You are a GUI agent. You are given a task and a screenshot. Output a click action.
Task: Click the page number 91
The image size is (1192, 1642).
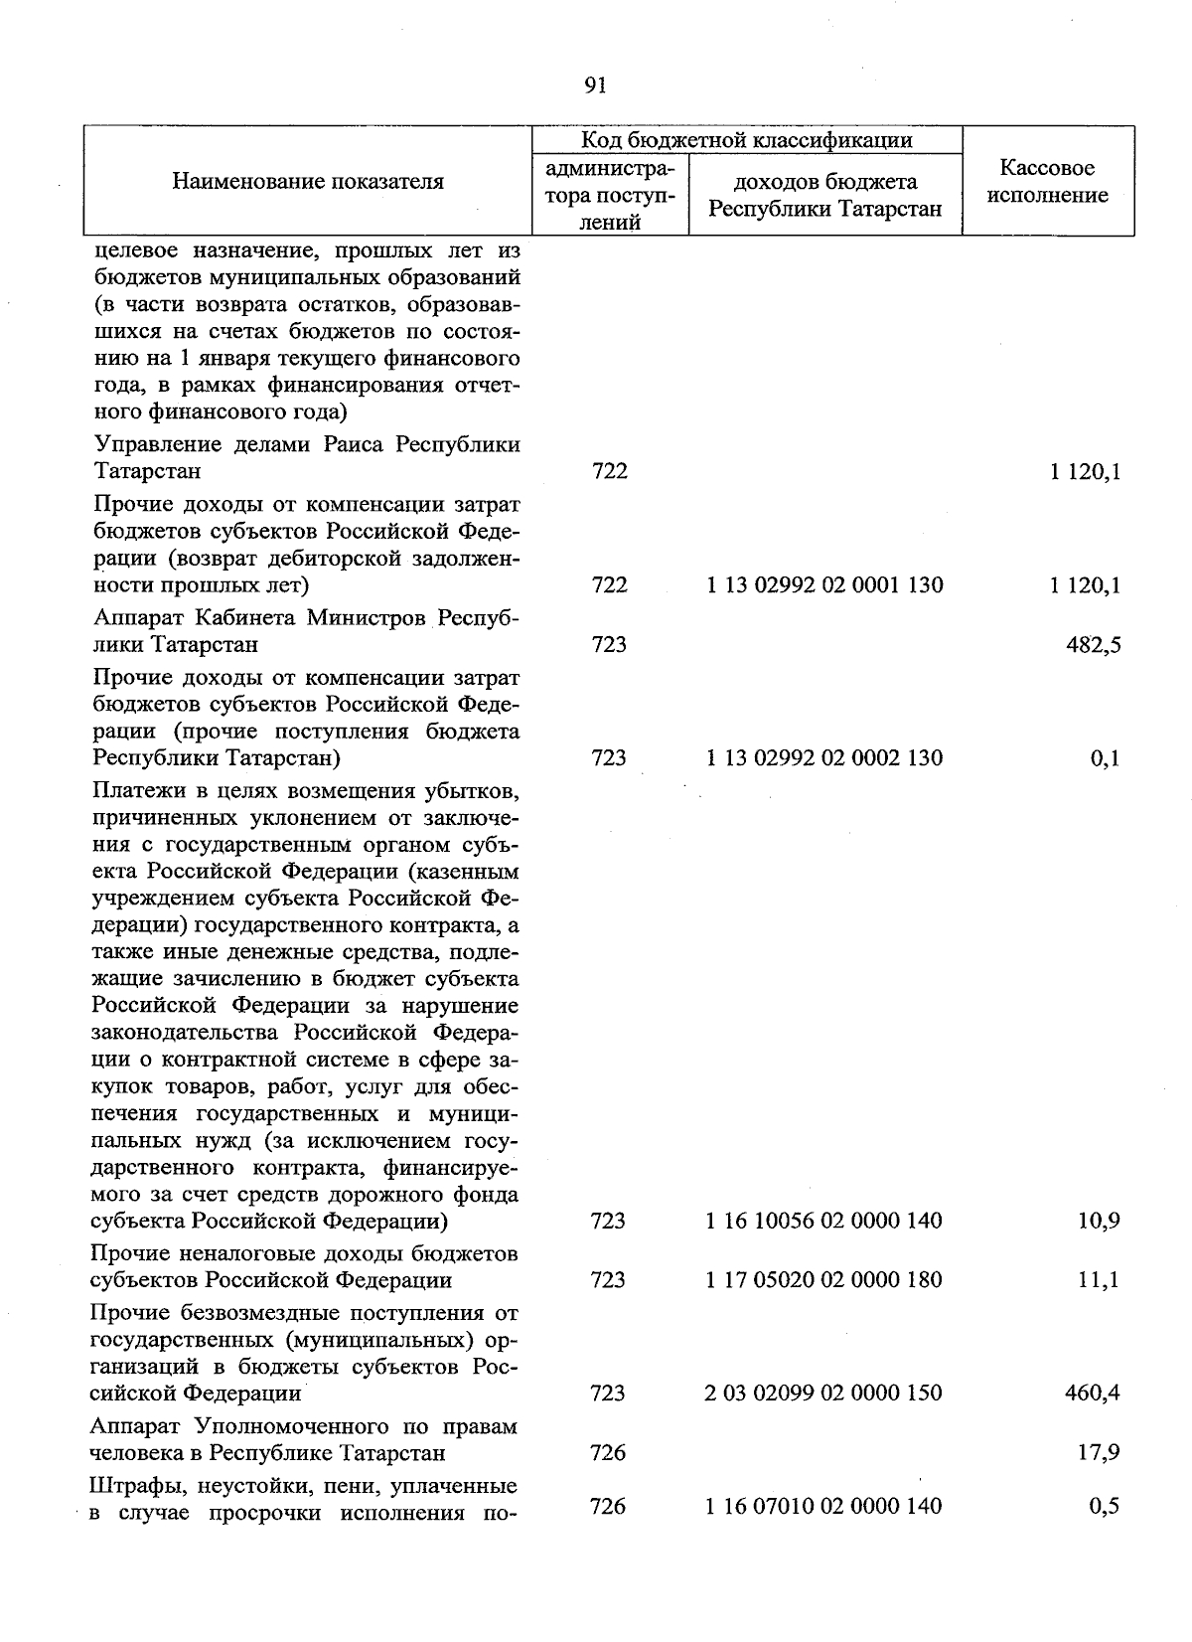click(596, 85)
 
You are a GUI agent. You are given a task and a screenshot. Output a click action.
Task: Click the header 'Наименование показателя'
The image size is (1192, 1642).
click(308, 181)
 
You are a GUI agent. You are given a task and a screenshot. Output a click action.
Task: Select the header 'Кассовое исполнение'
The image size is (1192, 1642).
click(1048, 182)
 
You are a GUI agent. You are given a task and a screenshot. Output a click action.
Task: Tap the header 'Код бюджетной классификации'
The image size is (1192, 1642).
click(746, 140)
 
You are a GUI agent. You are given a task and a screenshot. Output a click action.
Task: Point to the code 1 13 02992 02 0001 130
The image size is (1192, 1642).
click(824, 585)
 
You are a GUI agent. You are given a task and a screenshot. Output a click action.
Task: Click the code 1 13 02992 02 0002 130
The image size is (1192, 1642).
click(824, 758)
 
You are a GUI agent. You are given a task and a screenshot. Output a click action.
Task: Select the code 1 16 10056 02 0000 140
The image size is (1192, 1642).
click(824, 1220)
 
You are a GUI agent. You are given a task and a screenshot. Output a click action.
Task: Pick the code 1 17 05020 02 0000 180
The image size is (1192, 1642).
click(824, 1279)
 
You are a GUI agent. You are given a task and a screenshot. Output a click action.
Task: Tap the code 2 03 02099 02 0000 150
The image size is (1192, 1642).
click(824, 1393)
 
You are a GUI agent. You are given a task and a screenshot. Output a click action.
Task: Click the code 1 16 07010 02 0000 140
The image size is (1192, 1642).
click(824, 1506)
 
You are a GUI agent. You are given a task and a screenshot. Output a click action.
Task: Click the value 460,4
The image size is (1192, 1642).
click(1093, 1393)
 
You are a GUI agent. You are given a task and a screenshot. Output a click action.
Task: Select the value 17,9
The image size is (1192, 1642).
click(1099, 1453)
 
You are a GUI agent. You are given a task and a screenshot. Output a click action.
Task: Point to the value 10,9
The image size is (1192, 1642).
click(1099, 1220)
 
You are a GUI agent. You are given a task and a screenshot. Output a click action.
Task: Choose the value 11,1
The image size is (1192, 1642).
click(1099, 1279)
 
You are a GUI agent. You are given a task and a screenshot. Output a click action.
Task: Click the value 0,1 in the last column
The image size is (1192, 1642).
click(1105, 758)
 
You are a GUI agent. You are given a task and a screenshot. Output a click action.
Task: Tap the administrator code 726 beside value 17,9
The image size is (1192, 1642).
click(608, 1453)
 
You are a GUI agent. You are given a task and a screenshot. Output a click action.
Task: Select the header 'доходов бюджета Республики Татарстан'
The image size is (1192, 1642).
click(824, 195)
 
